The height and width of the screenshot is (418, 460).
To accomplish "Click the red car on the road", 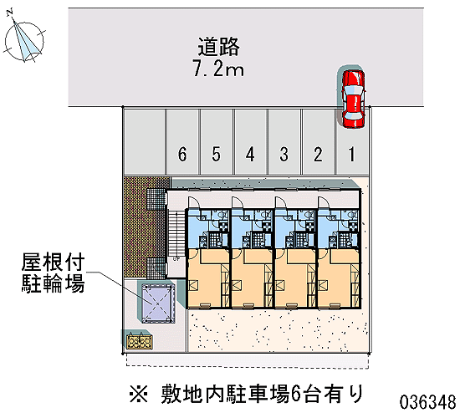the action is [x=353, y=99].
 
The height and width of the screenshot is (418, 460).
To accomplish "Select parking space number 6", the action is [x=182, y=141].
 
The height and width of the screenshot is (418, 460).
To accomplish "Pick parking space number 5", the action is [x=217, y=141].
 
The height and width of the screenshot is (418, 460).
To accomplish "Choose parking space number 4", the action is [x=250, y=141].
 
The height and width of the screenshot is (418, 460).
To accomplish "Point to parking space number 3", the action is [x=284, y=141].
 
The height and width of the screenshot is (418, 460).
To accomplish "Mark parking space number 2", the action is [x=318, y=141].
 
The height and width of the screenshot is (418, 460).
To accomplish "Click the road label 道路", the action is [x=218, y=47].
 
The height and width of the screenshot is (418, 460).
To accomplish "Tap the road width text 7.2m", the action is [x=218, y=69].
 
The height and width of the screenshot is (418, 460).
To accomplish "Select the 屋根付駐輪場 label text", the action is [x=53, y=273].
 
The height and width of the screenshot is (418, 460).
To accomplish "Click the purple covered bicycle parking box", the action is [x=158, y=303].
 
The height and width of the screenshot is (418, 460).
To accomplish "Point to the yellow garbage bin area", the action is [x=140, y=342].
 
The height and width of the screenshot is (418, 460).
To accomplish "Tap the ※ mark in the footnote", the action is [x=139, y=394].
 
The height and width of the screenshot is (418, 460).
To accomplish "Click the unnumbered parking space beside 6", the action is [x=144, y=141].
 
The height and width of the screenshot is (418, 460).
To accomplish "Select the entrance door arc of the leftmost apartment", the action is [x=194, y=202].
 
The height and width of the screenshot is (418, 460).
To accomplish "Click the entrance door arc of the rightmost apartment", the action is [x=325, y=202].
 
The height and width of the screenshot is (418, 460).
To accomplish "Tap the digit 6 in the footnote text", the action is [x=296, y=394].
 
